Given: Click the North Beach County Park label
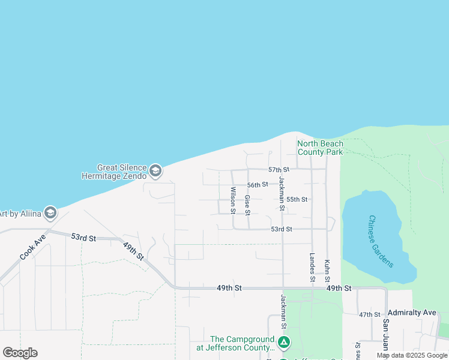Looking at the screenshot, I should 321,148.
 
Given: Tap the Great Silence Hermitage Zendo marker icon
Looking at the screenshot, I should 155,172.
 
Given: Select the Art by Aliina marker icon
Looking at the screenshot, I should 50,213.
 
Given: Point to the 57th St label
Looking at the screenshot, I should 279,170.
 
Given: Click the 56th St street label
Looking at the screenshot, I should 258,185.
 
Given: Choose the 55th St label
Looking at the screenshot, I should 297,199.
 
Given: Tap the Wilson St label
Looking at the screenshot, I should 232,200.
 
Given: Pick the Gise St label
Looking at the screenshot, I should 247,204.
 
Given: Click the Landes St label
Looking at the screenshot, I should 312,268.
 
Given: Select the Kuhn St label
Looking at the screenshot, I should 327,271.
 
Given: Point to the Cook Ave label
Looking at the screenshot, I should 32,247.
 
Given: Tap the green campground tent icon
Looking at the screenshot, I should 284,343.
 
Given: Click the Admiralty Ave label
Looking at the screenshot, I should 412,313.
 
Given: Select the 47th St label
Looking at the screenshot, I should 370,314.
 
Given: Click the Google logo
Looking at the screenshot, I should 20,353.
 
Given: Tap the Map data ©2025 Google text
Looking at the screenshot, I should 412,355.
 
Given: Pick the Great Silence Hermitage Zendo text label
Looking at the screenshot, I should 114,172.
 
